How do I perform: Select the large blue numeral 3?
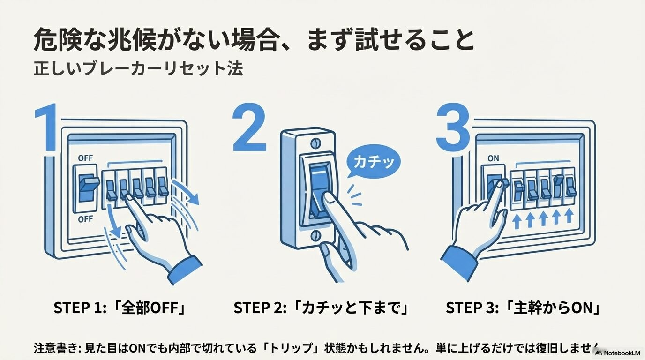click(453, 126)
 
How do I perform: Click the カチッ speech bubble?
click(374, 163)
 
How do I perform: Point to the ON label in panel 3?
click(493, 158)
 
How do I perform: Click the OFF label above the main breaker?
click(85, 158)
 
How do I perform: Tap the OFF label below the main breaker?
click(85, 219)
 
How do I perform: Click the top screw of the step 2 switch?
click(316, 142)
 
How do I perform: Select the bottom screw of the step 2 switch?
click(316, 236)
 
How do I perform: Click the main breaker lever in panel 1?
click(88, 187)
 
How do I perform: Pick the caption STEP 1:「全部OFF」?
click(119, 307)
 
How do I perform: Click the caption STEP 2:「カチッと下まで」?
click(321, 307)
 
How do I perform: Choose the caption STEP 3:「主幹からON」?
click(523, 307)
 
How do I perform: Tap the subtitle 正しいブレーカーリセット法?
click(138, 69)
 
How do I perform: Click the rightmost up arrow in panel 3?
click(569, 216)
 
